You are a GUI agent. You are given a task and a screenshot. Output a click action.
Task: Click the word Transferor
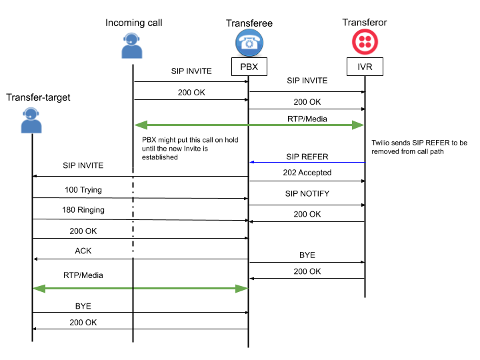click(365, 23)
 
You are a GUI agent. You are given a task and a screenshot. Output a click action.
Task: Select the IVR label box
click(365, 67)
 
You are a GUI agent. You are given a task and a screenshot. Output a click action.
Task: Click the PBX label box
click(249, 67)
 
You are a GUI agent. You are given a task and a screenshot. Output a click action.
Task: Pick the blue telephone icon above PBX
click(249, 43)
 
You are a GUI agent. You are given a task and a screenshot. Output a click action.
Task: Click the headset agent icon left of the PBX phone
click(132, 45)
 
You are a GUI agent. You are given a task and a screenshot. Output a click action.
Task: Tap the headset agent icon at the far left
click(31, 120)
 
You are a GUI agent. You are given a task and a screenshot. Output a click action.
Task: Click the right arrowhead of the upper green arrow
click(359, 125)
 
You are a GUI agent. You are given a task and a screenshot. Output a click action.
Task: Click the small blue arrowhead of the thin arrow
click(252, 162)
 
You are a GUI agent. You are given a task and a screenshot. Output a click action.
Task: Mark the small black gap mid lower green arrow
click(133, 289)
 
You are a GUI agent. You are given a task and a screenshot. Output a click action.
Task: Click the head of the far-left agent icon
click(31, 113)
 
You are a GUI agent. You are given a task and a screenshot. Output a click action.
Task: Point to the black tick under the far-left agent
click(32, 135)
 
